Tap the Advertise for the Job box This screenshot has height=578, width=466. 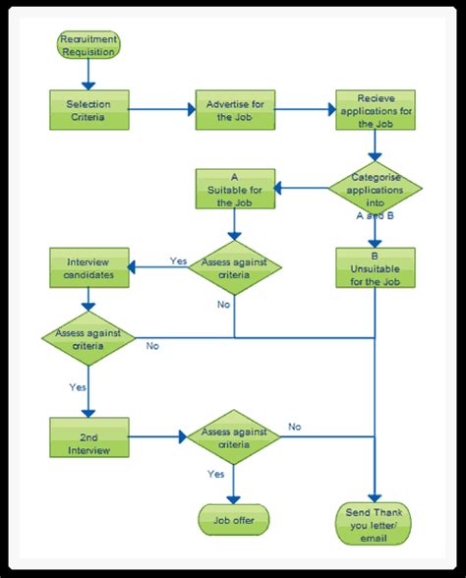pos(234,110)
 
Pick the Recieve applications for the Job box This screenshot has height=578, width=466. pos(375,110)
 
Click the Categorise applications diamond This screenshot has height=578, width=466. pos(375,186)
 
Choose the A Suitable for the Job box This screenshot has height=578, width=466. pos(234,187)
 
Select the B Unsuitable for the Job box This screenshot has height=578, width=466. pos(375,266)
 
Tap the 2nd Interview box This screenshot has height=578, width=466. pos(89,436)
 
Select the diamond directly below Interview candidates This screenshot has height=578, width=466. pos(89,339)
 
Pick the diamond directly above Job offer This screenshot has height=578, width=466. pos(234,436)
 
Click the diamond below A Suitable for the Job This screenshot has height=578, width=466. pos(234,268)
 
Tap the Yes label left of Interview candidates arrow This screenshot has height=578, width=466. pos(178,261)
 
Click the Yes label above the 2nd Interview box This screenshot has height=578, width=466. pos(78,387)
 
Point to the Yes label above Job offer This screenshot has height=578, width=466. pos(216,475)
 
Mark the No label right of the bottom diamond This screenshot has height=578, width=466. pos(294,427)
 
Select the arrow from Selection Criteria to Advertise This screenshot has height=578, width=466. pos(159,110)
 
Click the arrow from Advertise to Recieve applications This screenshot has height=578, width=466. pos(305,110)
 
